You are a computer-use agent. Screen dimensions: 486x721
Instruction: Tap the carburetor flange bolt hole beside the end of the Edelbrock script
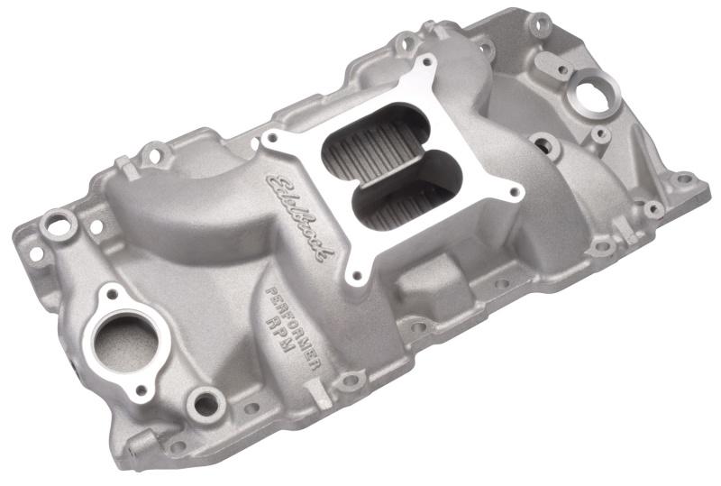[357, 274]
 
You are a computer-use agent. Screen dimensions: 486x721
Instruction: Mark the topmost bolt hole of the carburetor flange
[426, 64]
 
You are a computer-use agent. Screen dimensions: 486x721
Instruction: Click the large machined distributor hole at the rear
[590, 91]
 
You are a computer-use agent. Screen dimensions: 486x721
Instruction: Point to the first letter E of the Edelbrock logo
[273, 185]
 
